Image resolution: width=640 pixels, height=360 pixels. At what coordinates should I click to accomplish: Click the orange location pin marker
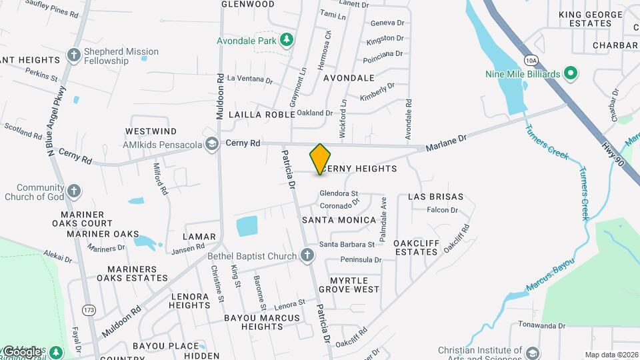point(321,159)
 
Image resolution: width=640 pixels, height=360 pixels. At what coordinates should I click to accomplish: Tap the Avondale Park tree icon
point(287,40)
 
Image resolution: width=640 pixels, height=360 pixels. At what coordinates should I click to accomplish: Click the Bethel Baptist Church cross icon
point(307,255)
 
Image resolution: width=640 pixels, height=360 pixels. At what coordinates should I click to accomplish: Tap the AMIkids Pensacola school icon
point(211,144)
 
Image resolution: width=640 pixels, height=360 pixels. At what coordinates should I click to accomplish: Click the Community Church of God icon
point(75,192)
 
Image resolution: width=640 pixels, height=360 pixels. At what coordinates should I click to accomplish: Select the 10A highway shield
point(531,60)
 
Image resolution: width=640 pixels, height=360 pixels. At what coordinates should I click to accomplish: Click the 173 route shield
point(89,310)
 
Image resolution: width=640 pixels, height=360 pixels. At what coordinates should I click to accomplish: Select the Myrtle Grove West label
point(349,284)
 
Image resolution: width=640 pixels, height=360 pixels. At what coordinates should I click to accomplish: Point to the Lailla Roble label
point(261,115)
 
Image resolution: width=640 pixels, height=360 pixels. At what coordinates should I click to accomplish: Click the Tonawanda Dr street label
point(541,326)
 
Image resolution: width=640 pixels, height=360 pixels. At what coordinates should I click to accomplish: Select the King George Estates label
point(585,19)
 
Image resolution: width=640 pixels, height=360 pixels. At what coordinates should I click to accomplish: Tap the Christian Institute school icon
point(533,352)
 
